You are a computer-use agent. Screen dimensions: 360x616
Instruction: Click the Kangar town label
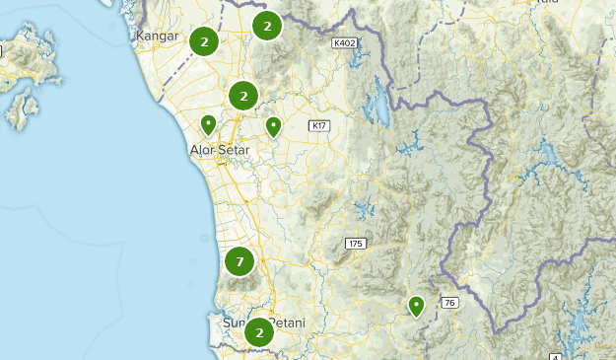pyautogui.click(x=157, y=36)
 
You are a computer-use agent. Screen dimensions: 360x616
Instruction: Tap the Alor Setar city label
pyautogui.click(x=219, y=150)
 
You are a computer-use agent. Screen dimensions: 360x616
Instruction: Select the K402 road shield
pyautogui.click(x=345, y=43)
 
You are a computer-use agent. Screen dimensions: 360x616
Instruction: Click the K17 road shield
pyautogui.click(x=317, y=125)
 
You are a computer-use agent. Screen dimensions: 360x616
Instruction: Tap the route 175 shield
pyautogui.click(x=356, y=243)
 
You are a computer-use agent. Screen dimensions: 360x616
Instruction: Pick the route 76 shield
pyautogui.click(x=449, y=303)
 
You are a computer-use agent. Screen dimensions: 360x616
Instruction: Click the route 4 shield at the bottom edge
pyautogui.click(x=555, y=355)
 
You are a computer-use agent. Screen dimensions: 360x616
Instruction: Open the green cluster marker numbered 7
pyautogui.click(x=240, y=261)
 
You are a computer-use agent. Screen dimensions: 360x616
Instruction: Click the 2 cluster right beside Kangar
pyautogui.click(x=203, y=41)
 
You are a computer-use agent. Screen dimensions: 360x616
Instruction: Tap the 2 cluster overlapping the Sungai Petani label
pyautogui.click(x=258, y=332)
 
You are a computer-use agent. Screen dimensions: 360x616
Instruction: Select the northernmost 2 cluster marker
pyautogui.click(x=266, y=26)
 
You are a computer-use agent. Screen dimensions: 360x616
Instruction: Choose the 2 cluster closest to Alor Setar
pyautogui.click(x=243, y=96)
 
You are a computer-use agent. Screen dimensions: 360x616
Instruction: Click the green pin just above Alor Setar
pyautogui.click(x=209, y=125)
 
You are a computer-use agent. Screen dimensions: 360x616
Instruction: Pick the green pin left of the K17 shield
pyautogui.click(x=273, y=125)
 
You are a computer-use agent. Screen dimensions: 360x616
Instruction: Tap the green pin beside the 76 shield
pyautogui.click(x=417, y=306)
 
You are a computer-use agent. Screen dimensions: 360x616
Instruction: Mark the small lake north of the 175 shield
pyautogui.click(x=366, y=208)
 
